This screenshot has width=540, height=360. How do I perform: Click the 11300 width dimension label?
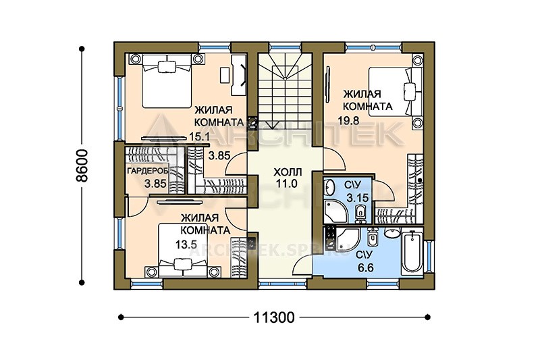[x=274, y=317]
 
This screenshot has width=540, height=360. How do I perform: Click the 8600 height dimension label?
[x=82, y=165]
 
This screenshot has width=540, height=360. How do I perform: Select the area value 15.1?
[x=199, y=136]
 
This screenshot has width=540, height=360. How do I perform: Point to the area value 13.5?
[x=186, y=245]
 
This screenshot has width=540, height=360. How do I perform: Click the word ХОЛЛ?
[x=288, y=172]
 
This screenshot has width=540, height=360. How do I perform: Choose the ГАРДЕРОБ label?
[x=148, y=171]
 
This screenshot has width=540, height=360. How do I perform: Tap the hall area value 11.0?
[x=287, y=184]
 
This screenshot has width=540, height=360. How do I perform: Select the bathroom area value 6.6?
[x=366, y=267]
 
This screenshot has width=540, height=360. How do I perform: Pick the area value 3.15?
[x=358, y=198]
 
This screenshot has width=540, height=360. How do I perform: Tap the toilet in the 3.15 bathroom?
[x=360, y=212]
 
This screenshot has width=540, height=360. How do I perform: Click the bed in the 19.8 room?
[x=396, y=92]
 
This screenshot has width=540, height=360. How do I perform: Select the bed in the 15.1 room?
[x=167, y=80]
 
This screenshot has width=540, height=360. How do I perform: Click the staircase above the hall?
[x=285, y=91]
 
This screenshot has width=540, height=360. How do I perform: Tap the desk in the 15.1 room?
[x=239, y=74]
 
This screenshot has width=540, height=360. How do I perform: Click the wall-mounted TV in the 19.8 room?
[x=327, y=84]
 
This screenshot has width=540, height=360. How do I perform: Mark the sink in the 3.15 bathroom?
[x=329, y=187]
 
